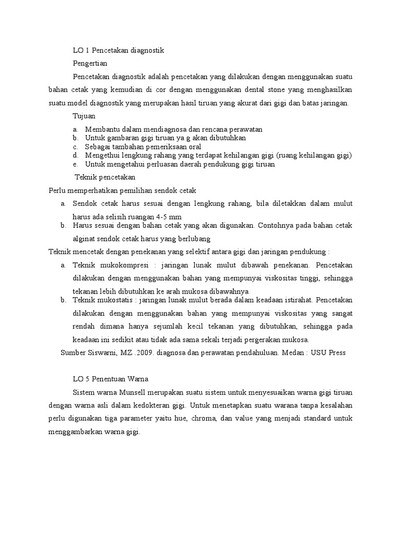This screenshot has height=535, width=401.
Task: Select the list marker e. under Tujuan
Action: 76,164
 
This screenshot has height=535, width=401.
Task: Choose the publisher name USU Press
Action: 328,353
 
